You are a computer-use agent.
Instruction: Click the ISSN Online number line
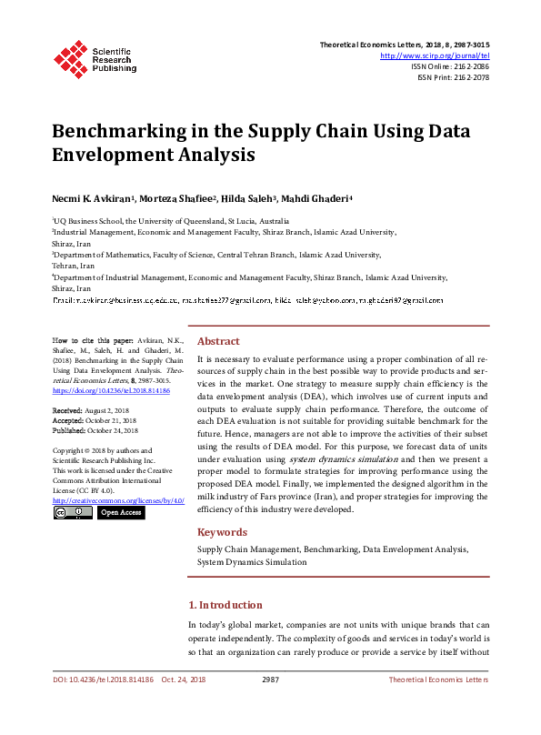point(450,66)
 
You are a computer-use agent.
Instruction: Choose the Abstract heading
point(218,341)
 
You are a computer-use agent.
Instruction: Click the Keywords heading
point(222,532)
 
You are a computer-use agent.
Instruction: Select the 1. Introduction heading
point(225,605)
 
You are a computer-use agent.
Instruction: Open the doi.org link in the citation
point(111,390)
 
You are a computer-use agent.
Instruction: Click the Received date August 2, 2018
point(91,411)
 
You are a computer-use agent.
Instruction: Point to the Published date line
point(95,430)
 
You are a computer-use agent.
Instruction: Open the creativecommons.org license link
point(118,500)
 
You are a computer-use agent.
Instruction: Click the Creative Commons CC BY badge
point(72,513)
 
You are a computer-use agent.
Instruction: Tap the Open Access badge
point(121,513)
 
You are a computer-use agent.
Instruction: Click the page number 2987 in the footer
point(270,680)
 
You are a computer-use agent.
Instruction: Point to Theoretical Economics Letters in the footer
point(438,680)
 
